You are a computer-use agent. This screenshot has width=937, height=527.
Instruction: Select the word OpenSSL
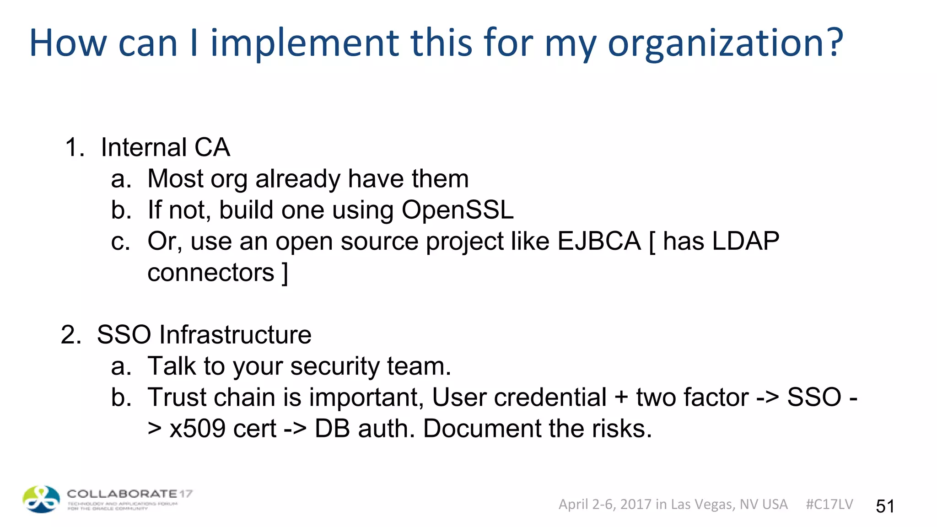click(458, 210)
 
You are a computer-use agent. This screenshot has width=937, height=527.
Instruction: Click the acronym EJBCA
click(599, 241)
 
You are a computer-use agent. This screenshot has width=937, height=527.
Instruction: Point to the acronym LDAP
click(746, 241)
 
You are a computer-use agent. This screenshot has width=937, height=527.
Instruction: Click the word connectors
click(210, 273)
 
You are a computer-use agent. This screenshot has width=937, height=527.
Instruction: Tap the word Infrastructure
click(235, 334)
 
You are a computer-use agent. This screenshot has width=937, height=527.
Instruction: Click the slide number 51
click(885, 506)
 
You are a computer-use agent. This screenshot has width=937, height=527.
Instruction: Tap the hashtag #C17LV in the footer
click(829, 504)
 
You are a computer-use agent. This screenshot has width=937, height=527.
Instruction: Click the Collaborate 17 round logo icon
click(41, 499)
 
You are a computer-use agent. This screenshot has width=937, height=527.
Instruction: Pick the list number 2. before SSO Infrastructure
click(71, 335)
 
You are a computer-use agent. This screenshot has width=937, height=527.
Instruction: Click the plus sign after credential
click(621, 397)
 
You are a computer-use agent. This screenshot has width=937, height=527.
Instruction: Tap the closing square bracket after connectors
click(285, 273)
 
